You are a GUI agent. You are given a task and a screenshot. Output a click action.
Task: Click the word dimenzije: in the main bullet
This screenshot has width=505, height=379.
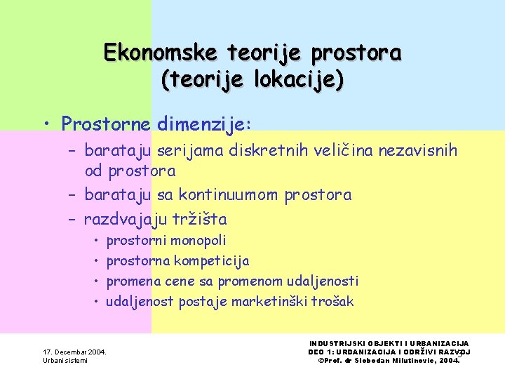(204, 124)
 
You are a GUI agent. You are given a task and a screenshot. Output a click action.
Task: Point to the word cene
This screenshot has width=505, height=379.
(180, 281)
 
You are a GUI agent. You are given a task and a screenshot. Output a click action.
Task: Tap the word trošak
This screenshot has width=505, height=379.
(332, 302)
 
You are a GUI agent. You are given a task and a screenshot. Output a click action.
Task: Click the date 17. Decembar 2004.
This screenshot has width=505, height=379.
(75, 352)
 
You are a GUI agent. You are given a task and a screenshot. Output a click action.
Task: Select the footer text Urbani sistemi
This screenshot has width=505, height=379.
(65, 361)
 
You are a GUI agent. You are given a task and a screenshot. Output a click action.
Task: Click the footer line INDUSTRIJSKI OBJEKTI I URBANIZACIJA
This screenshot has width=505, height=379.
(389, 343)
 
